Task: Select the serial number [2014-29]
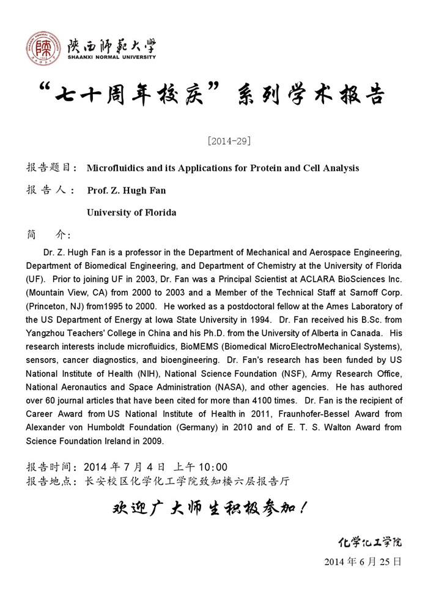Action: coord(229,141)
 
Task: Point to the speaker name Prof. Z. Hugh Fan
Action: coord(127,190)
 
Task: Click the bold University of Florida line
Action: coord(131,212)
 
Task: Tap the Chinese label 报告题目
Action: coord(51,168)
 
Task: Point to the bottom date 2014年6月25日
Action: coord(363,561)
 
